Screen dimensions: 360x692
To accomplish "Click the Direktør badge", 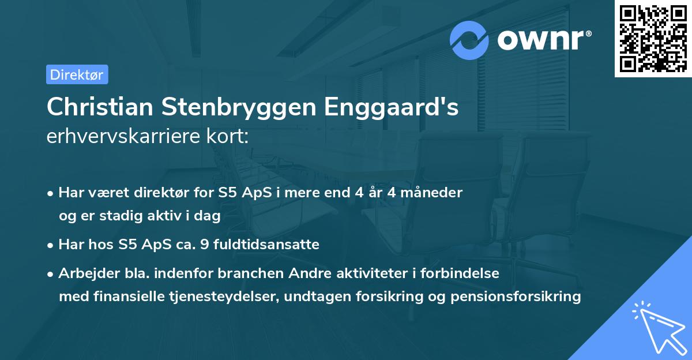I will (x=77, y=74).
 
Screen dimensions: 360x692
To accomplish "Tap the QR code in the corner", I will (x=653, y=38).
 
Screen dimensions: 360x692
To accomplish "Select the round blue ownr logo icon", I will (x=469, y=39).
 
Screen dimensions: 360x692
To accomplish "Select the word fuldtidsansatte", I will (x=266, y=245).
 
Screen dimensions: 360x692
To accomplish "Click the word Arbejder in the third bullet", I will (x=85, y=273).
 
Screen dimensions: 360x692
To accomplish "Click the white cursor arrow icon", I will (x=657, y=327).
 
